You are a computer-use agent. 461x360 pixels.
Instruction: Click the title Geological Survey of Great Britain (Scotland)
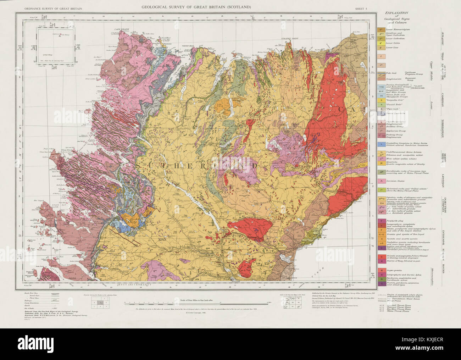point(196,7)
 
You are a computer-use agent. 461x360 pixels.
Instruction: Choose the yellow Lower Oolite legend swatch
point(381,43)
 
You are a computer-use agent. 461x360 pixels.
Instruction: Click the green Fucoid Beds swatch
point(381,105)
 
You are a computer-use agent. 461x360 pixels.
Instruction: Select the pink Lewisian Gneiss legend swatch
point(381,181)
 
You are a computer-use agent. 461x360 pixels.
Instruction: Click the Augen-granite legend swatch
point(381,270)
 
